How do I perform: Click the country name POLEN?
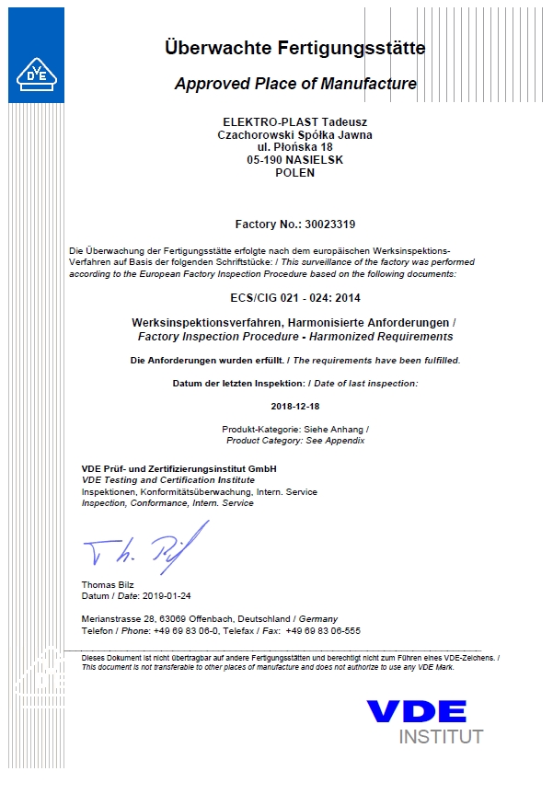point(294,172)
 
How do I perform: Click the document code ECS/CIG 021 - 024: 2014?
point(294,298)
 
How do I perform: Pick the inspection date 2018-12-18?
point(294,405)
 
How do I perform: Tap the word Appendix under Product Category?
point(348,441)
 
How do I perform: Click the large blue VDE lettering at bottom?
point(416,711)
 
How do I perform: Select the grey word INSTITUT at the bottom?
point(440,737)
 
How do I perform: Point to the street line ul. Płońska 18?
point(294,147)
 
